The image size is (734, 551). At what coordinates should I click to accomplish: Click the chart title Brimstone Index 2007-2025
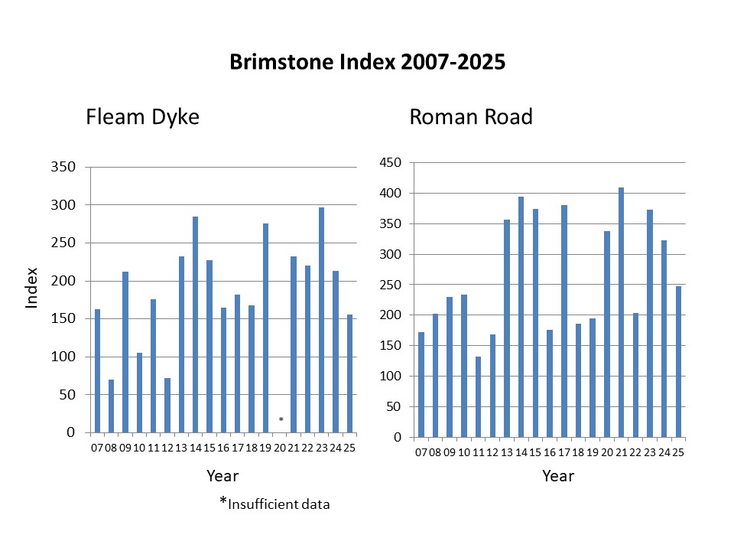367,63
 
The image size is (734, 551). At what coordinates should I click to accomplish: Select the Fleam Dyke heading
142,117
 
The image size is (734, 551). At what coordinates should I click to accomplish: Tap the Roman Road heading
471,117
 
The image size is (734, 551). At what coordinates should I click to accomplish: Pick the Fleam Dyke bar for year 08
112,406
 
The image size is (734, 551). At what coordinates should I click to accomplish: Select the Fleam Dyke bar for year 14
196,324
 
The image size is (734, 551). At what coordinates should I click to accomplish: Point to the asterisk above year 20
281,419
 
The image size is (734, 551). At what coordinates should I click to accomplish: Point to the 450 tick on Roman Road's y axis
391,162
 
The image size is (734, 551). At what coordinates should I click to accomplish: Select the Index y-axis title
32,288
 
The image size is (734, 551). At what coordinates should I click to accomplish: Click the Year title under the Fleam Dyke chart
222,476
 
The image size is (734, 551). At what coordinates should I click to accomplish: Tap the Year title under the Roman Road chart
558,476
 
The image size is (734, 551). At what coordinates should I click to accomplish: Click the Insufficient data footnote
275,504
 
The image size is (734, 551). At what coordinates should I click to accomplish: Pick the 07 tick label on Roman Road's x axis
421,452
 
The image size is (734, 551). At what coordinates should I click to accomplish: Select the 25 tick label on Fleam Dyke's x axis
349,447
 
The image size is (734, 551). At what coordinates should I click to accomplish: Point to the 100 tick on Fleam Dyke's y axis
65,357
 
